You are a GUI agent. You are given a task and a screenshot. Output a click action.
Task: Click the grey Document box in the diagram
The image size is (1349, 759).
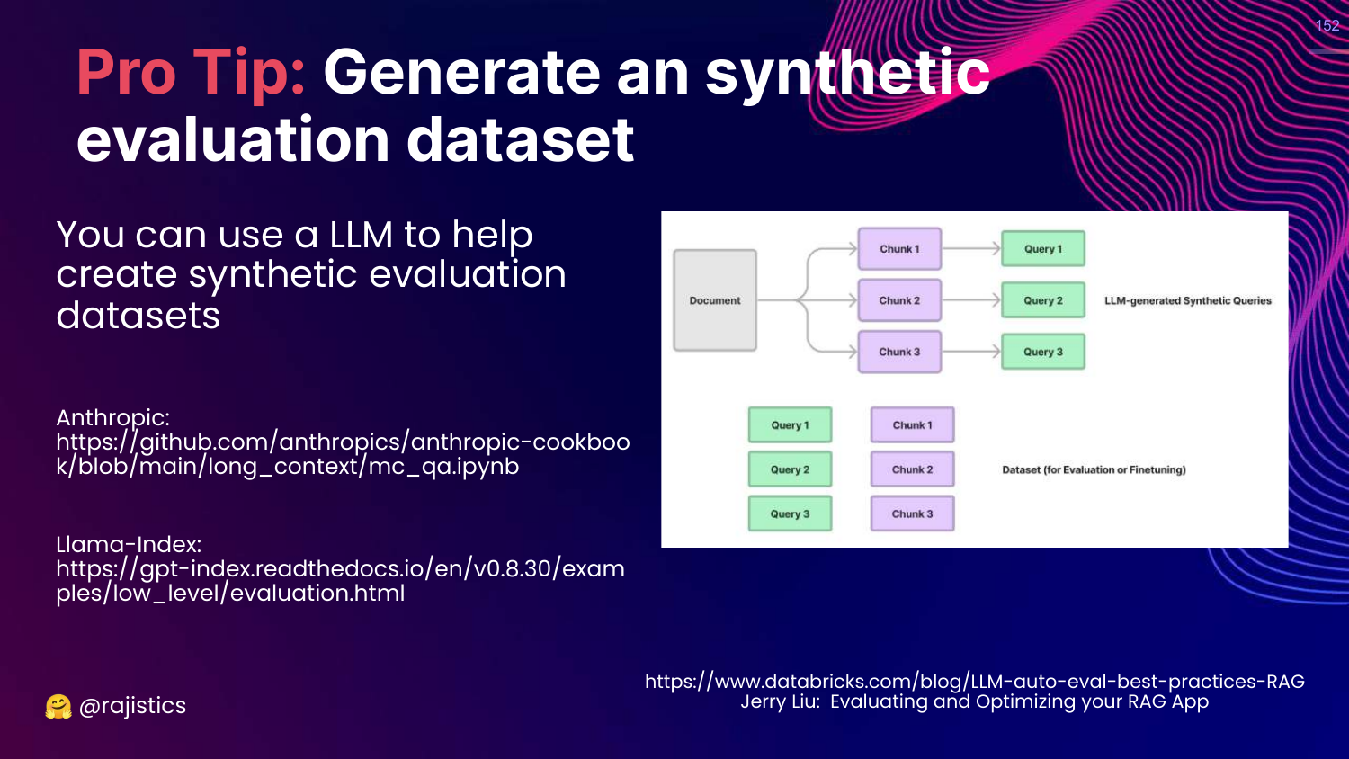click(x=715, y=300)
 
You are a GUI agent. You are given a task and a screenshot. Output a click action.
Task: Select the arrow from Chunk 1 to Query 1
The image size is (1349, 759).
click(x=971, y=249)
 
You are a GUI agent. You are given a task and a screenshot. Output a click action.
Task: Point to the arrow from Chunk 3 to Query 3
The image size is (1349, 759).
click(x=971, y=352)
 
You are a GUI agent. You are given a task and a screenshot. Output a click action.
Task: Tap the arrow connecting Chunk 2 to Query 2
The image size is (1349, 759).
click(x=971, y=300)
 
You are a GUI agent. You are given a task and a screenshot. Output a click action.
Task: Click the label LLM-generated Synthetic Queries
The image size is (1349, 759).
click(x=1187, y=301)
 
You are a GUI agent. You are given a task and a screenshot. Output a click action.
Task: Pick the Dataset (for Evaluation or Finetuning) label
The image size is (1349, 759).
click(x=1094, y=469)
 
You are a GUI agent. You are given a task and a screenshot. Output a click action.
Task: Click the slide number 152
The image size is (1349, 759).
click(x=1327, y=26)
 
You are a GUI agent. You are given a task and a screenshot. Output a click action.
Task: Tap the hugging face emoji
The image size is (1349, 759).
click(x=58, y=707)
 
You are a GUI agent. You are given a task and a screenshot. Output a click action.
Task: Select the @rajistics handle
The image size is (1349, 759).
click(x=132, y=706)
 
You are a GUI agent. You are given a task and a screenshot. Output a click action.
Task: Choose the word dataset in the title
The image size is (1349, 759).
click(x=521, y=140)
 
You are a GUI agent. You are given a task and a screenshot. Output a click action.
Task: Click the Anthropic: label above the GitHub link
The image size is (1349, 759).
click(x=112, y=417)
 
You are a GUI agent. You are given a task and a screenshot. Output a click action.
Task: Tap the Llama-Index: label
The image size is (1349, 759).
click(x=129, y=544)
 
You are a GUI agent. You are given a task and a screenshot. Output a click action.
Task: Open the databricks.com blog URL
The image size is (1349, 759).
click(x=974, y=681)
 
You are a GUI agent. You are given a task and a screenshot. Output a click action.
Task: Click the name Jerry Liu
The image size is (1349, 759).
click(x=779, y=701)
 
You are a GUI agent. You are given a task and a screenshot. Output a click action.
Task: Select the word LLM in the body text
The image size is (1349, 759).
click(x=361, y=235)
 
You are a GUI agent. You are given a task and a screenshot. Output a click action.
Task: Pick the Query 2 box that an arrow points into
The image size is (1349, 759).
click(x=1043, y=300)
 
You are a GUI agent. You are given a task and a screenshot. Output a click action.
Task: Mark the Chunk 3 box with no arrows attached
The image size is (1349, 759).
click(x=912, y=513)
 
